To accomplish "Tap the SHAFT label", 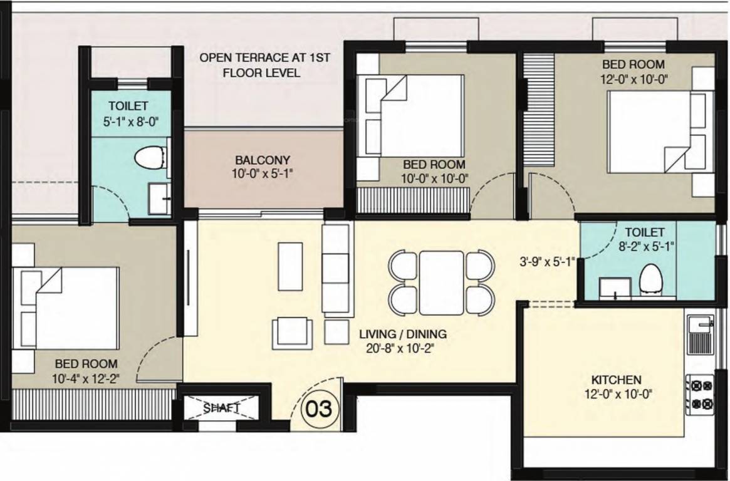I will click(221, 408).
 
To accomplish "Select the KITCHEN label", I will click(616, 380).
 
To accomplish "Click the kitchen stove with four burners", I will click(699, 395).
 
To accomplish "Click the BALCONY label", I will click(263, 160).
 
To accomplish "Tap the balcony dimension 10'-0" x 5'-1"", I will click(263, 172).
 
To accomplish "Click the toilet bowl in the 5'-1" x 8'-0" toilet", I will click(150, 157).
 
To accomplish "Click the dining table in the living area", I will click(441, 282).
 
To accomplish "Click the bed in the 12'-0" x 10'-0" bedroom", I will click(649, 131).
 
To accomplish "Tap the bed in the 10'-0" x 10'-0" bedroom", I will click(414, 115).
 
